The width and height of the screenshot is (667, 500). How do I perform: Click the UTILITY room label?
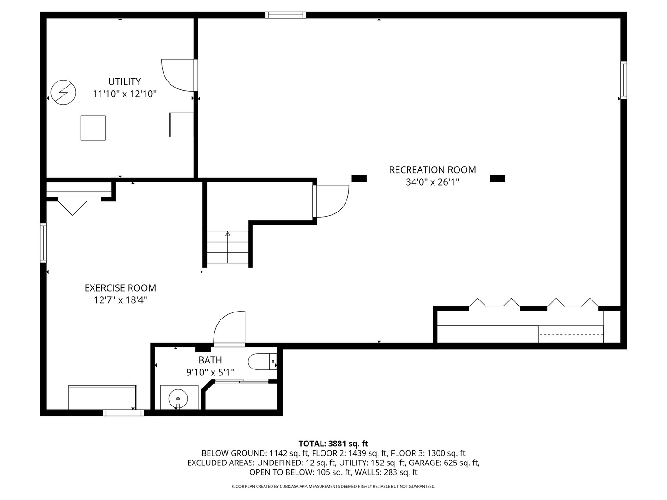tap(125, 81)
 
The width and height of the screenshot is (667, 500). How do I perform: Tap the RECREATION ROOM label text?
tap(433, 170)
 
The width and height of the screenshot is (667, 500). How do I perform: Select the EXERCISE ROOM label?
tap(120, 288)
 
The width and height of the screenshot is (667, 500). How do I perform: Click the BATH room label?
tap(210, 360)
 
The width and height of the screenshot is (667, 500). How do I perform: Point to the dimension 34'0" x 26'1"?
tap(433, 182)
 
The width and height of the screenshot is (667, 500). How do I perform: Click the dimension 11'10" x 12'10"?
tap(125, 94)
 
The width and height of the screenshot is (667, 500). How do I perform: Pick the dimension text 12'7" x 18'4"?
tap(120, 300)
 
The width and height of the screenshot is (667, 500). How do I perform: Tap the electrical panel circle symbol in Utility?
tap(63, 93)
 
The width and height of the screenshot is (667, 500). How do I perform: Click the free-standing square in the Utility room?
tap(93, 128)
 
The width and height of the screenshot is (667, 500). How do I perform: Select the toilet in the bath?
tap(262, 362)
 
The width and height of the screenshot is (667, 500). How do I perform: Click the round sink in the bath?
tap(178, 398)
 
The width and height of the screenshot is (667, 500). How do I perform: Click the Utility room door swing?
tap(178, 75)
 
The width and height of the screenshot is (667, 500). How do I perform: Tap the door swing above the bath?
tap(229, 328)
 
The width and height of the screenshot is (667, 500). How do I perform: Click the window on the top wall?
tap(285, 15)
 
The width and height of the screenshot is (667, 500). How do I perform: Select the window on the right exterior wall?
tap(623, 80)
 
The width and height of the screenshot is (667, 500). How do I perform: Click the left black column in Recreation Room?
tap(359, 179)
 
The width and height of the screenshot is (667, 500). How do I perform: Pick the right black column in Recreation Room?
tap(497, 179)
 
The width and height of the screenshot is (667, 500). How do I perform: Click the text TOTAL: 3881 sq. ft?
tap(333, 444)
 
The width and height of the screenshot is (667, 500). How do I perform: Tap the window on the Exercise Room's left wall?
tap(44, 243)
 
